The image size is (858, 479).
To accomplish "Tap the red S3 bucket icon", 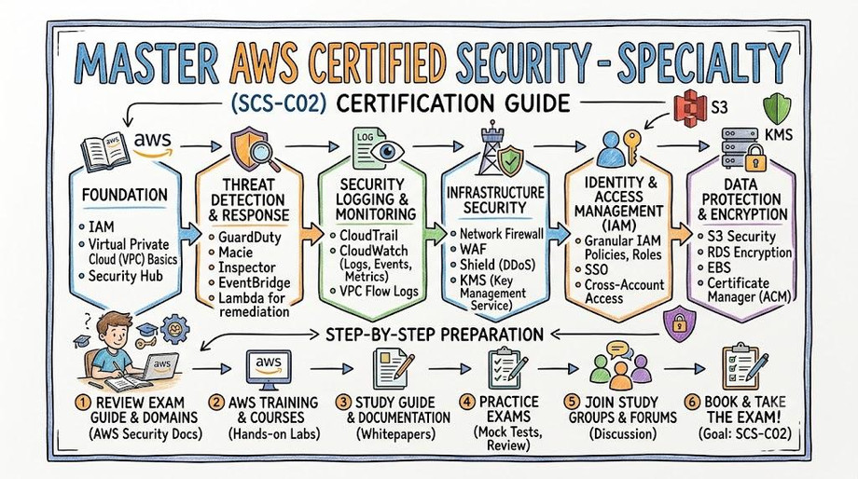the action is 687,106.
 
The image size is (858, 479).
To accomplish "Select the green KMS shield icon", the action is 777,108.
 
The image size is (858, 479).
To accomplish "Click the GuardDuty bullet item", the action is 245,238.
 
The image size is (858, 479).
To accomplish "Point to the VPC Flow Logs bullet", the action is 374,292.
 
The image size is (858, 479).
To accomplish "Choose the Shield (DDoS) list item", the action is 492,265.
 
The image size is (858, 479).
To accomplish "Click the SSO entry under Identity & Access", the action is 591,269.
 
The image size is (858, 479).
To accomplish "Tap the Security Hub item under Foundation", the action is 120,276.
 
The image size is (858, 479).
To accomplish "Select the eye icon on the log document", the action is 386,150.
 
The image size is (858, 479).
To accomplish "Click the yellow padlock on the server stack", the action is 755,158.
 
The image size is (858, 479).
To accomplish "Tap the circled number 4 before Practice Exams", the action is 466,403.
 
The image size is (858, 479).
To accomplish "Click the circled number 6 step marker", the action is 692,403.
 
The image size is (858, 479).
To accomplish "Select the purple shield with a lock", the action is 680,324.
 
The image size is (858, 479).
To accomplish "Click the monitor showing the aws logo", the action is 269,367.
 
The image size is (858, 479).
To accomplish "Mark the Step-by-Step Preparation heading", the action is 435,335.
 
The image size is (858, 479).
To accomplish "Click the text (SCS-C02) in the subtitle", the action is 278,103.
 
